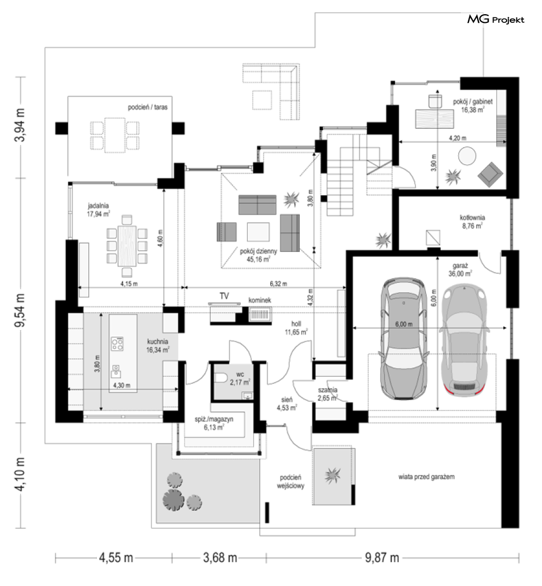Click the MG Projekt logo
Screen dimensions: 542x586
tap(496, 20)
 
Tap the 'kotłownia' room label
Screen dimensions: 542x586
tap(472, 218)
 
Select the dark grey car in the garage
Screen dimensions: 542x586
tap(404, 339)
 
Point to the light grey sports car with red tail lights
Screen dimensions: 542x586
tap(464, 340)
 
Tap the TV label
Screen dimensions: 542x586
tap(224, 296)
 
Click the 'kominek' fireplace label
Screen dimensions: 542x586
tap(260, 300)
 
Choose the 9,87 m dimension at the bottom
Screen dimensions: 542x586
tap(382, 558)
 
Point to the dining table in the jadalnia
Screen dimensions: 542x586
tap(127, 246)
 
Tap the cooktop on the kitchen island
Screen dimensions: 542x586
tap(117, 344)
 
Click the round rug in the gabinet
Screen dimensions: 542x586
tap(467, 156)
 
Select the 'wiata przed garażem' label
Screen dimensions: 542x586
tap(426, 476)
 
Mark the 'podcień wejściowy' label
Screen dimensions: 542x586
tap(291, 481)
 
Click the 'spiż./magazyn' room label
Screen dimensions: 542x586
tap(214, 419)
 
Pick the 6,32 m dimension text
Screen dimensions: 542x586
tap(278, 283)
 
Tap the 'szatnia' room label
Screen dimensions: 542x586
tap(327, 390)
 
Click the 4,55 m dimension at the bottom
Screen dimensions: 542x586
tap(116, 558)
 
